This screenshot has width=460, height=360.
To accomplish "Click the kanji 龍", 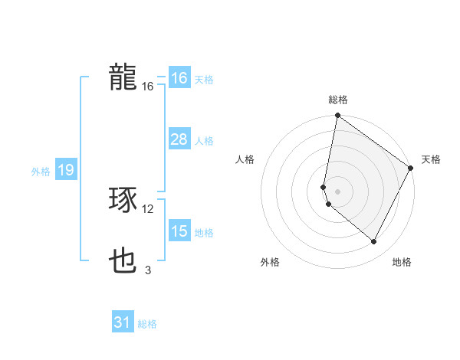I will tap(123, 77).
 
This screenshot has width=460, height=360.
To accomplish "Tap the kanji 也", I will tap(123, 262).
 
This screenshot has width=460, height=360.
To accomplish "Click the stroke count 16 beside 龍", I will tap(148, 87).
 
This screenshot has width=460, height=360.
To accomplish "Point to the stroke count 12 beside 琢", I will tap(148, 209).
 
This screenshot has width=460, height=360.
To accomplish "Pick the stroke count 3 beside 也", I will tap(148, 270).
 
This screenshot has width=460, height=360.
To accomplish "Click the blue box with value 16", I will tap(179, 78).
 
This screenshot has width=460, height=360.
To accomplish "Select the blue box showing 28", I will tap(179, 139).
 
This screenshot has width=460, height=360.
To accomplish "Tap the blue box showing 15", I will tap(179, 231).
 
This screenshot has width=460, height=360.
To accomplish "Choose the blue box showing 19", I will tap(66, 170).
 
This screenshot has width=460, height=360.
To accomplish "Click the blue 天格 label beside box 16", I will tap(204, 79).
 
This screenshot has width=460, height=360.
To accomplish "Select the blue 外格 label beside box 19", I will tap(41, 172).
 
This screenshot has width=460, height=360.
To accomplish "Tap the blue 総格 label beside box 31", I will tap(147, 324).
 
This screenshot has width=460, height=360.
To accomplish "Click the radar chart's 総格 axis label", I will tap(338, 100).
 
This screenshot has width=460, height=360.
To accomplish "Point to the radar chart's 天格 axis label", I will tap(431, 159).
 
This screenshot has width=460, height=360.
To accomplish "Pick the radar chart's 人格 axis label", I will tap(245, 159).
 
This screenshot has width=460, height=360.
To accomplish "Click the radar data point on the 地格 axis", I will tap(374, 242).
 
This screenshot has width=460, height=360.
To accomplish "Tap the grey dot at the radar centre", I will tap(338, 191).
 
